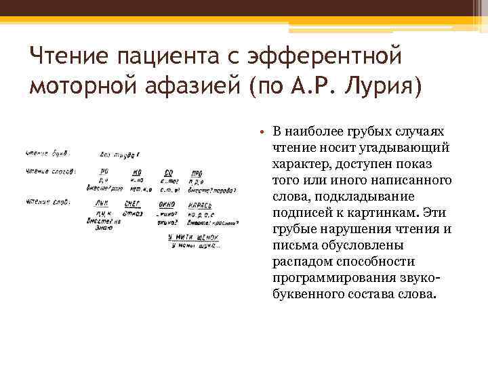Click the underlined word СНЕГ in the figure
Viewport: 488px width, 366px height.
(x=132, y=203)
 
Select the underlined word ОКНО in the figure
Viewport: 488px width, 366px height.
(x=167, y=203)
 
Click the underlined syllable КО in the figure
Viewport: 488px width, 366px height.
(x=136, y=171)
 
